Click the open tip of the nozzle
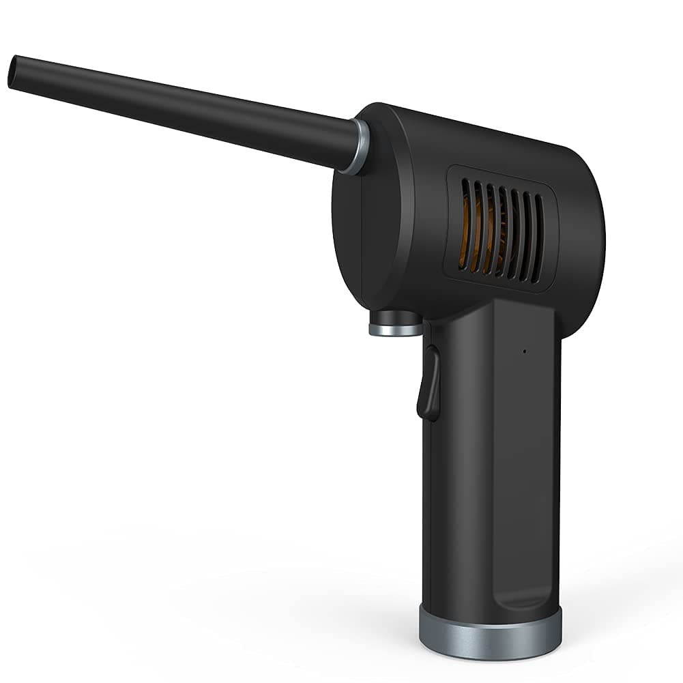point(12,72)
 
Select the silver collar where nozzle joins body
point(354,147)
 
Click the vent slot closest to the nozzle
point(465,222)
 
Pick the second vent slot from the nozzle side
point(478,225)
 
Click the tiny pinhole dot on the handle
point(524,352)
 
